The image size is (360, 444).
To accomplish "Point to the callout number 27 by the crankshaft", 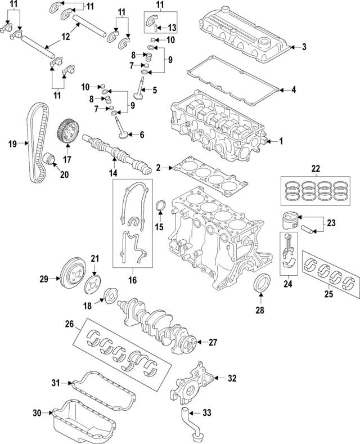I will point(213,342).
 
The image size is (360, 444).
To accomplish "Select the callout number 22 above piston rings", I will point(315,168).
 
